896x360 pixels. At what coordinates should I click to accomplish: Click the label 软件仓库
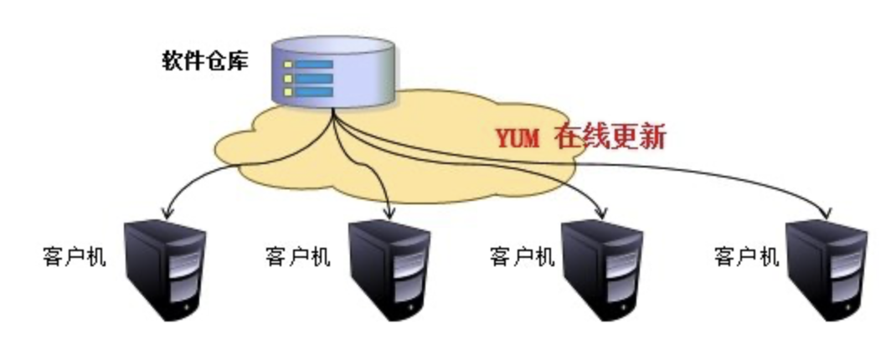pyautogui.click(x=204, y=61)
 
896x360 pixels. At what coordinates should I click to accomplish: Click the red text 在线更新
pyautogui.click(x=610, y=136)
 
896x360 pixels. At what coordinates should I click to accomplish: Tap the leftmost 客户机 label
pyautogui.click(x=74, y=256)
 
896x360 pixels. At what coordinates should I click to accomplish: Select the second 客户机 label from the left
pyautogui.click(x=297, y=256)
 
